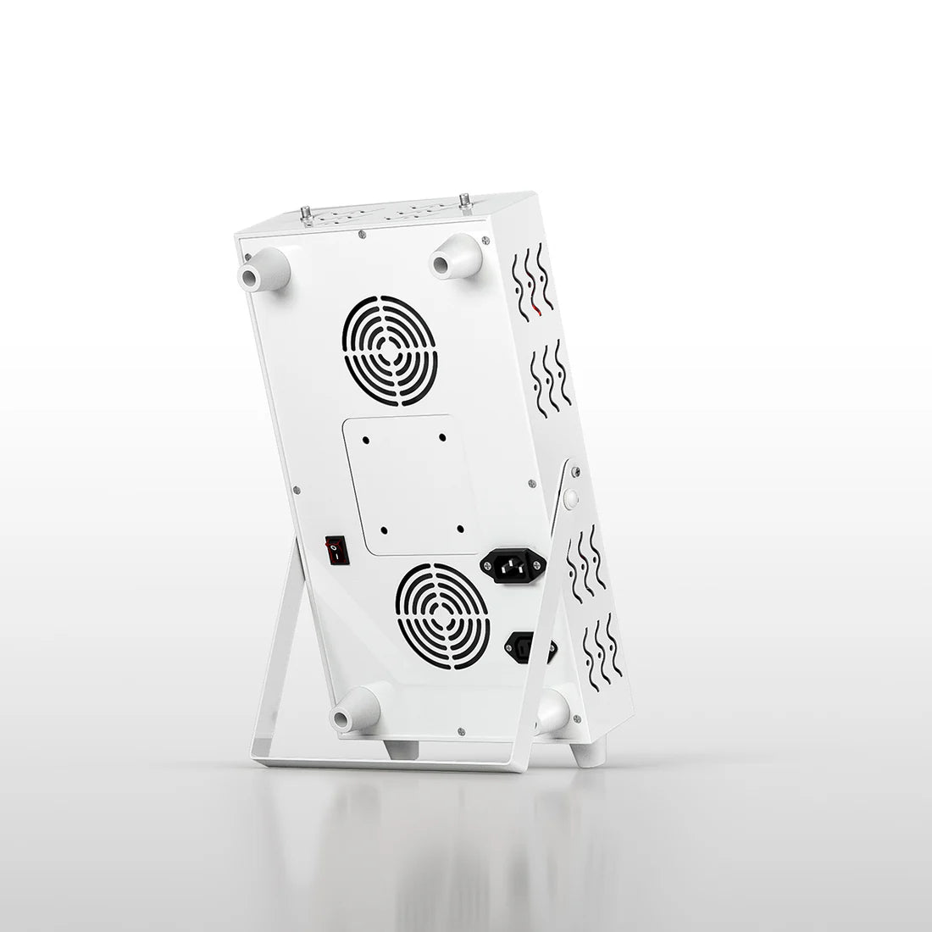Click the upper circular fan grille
coord(391,349)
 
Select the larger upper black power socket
coord(513,565)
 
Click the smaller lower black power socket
coord(530,649)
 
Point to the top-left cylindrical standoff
coord(264,272)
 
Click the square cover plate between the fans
coord(408,485)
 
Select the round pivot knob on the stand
coord(570,499)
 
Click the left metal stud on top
coord(306,217)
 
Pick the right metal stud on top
coord(464,202)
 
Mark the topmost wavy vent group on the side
coord(531,281)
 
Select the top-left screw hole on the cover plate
coord(365,440)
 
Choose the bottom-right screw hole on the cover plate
coord(458,529)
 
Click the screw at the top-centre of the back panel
coord(363,233)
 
